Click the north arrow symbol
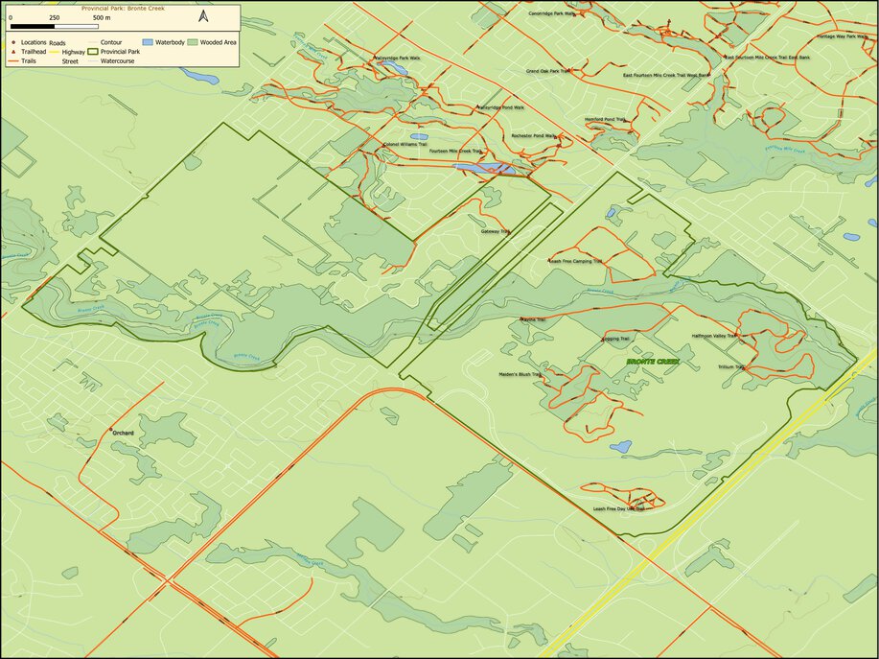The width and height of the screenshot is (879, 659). click(x=203, y=16)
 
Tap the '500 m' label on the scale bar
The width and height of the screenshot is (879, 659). click(x=101, y=18)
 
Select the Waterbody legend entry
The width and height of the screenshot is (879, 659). click(x=163, y=43)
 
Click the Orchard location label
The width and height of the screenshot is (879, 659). click(x=123, y=433)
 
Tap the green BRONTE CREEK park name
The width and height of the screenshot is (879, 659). click(x=653, y=362)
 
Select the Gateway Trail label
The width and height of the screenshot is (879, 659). click(x=496, y=231)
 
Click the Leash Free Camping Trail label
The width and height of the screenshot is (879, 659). click(x=575, y=260)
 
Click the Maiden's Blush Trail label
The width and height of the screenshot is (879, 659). click(x=521, y=374)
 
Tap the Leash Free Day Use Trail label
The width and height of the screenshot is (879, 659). click(x=619, y=508)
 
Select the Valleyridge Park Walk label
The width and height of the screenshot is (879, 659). click(x=398, y=58)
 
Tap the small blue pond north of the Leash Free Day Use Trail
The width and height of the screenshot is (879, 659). click(x=620, y=446)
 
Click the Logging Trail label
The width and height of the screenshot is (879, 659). click(x=615, y=339)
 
